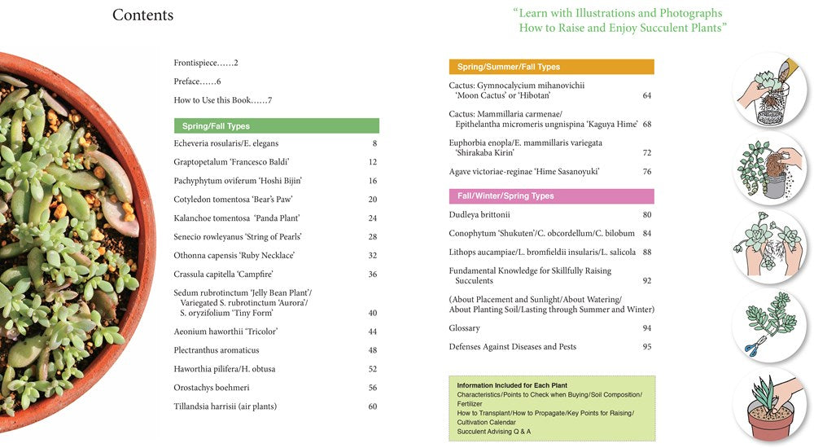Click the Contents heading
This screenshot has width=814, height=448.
tap(142, 15)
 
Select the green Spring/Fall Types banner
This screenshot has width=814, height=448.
tap(276, 126)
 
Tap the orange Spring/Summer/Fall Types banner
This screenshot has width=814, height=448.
tap(551, 67)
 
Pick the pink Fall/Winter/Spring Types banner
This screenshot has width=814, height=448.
tap(551, 196)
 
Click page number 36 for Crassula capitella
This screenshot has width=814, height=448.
tap(372, 275)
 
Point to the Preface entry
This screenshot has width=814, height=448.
tap(197, 81)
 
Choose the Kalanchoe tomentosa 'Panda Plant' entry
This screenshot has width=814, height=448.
tap(236, 218)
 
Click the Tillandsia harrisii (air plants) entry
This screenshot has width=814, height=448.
tap(225, 406)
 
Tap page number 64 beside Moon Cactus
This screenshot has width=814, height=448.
tap(646, 95)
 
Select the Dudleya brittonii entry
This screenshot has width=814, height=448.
tap(479, 215)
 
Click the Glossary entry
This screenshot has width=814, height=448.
tap(464, 328)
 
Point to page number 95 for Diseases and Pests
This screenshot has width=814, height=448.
tap(646, 347)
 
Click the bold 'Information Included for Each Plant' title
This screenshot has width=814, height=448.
tap(512, 385)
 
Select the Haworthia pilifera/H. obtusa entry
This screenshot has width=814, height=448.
tap(224, 369)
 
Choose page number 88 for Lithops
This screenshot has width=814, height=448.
tap(646, 253)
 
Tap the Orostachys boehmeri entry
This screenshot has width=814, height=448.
tap(212, 388)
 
